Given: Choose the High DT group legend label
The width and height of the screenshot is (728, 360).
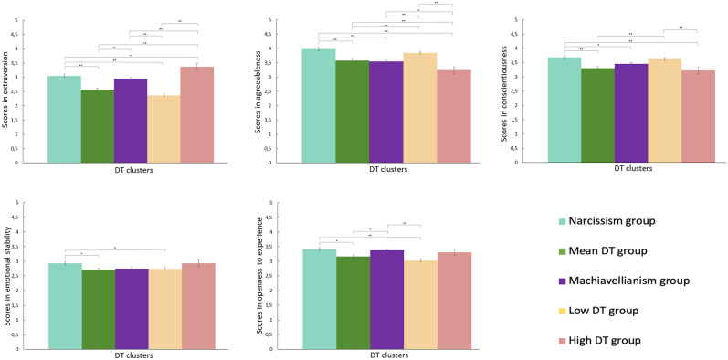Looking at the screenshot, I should click(x=617, y=340).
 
